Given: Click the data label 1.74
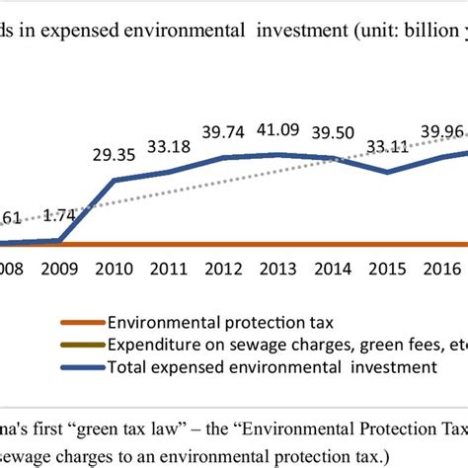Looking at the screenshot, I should pos(60,214).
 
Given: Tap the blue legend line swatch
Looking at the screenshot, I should pos(81,367).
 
